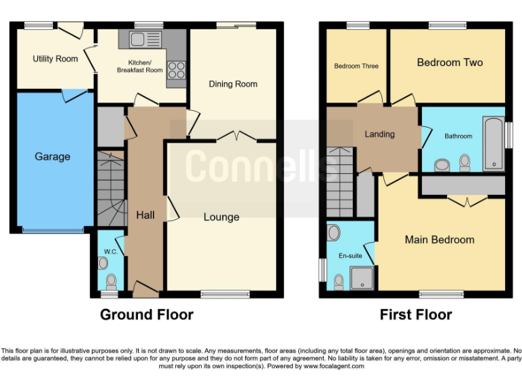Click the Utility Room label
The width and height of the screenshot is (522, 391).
tap(55, 59)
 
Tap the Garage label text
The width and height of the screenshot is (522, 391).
tap(52, 157)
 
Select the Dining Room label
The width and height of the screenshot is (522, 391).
tap(233, 84)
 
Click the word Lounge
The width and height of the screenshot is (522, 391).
tap(222, 217)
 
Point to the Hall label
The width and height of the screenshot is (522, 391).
tap(145, 215)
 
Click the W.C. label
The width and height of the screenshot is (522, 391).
tap(111, 252)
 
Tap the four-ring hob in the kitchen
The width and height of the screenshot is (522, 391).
tap(176, 69)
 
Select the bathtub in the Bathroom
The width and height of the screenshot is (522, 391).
tap(493, 144)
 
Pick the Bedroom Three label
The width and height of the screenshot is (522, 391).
tap(356, 67)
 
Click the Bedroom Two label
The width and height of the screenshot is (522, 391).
tap(450, 62)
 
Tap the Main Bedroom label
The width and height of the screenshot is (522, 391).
tap(440, 240)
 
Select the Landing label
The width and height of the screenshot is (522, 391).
tap(379, 134)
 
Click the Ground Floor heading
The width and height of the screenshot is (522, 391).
tap(147, 315)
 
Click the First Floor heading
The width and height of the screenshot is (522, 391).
tap(415, 315)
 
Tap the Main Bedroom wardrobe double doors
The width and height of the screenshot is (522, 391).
tap(467, 202)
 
